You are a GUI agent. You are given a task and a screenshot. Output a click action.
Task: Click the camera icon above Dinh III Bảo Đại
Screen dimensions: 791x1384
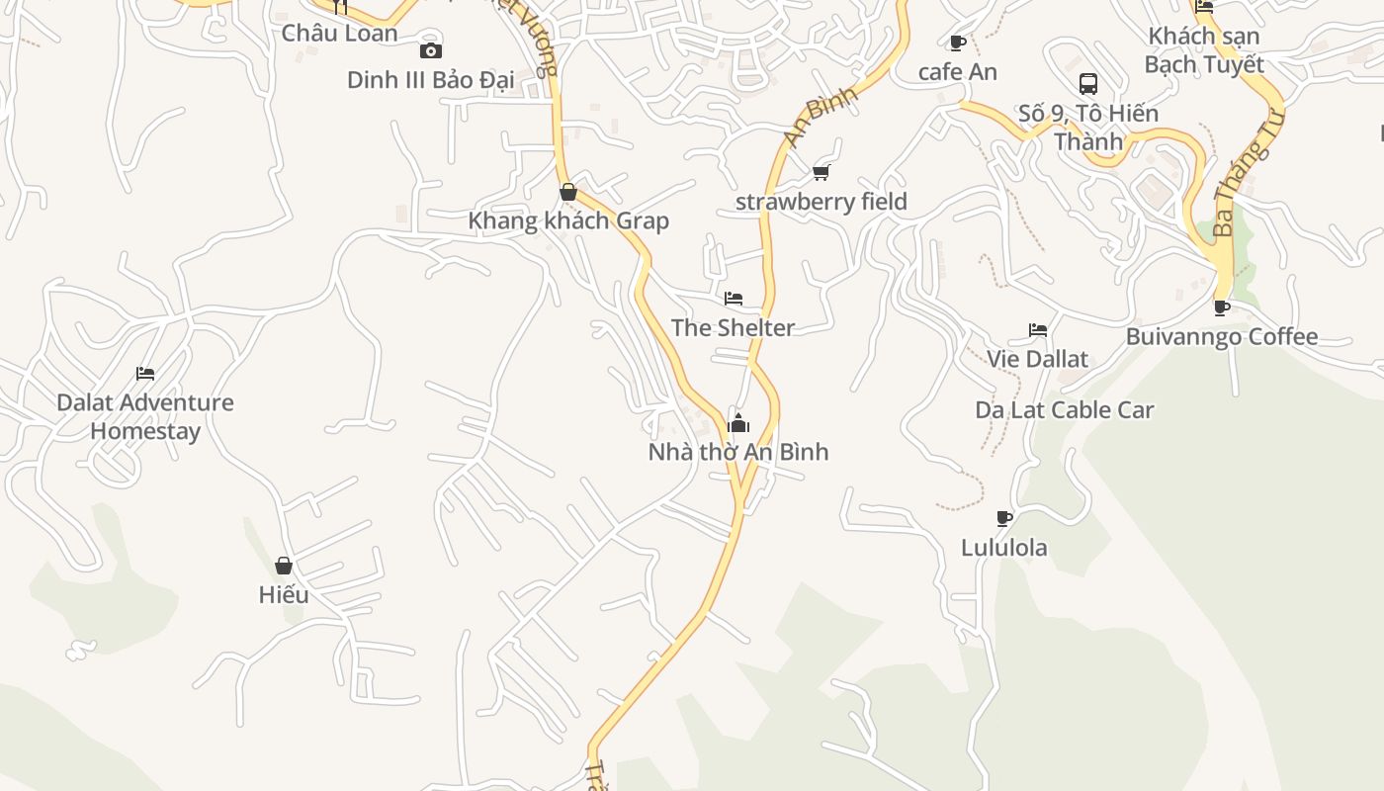tap(431, 50)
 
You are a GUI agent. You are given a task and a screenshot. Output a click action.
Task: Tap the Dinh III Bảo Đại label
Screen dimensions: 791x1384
tap(430, 80)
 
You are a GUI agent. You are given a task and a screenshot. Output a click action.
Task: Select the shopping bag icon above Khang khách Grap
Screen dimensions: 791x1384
tap(568, 192)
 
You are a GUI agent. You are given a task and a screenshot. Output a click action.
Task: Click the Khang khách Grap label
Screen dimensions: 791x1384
tap(568, 220)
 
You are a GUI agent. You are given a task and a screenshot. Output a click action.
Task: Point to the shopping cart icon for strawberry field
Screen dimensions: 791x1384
tap(821, 173)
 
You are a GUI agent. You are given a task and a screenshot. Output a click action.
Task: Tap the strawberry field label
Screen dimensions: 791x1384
tap(821, 202)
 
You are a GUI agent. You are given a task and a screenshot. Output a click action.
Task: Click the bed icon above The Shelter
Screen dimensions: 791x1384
tap(733, 299)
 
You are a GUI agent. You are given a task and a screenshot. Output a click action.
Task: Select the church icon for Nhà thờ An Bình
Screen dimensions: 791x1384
tap(738, 423)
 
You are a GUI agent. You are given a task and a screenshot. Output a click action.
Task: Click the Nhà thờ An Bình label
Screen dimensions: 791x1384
tap(738, 452)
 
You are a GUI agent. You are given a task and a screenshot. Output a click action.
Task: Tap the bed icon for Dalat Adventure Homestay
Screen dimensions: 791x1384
tap(145, 374)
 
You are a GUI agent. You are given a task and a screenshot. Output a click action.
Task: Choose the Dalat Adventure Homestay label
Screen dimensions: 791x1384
tap(145, 416)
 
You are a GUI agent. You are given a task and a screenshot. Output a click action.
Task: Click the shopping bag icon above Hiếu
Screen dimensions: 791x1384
tap(284, 566)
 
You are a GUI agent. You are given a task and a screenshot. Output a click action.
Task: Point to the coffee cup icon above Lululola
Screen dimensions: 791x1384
tap(1004, 518)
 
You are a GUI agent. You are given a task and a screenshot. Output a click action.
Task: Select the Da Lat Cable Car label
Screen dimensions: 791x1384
tap(1064, 409)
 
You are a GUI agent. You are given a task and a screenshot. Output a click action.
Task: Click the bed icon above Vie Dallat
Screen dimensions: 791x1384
tap(1037, 330)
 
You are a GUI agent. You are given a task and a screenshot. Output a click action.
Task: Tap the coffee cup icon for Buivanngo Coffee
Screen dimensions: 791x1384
tap(1222, 308)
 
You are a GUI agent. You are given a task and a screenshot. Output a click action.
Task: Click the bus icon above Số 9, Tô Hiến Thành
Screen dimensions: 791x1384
tap(1088, 84)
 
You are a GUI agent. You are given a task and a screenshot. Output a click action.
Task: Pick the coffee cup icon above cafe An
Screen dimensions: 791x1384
tap(957, 43)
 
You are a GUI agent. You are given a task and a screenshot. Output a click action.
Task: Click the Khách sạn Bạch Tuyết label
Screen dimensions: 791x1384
tap(1204, 50)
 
